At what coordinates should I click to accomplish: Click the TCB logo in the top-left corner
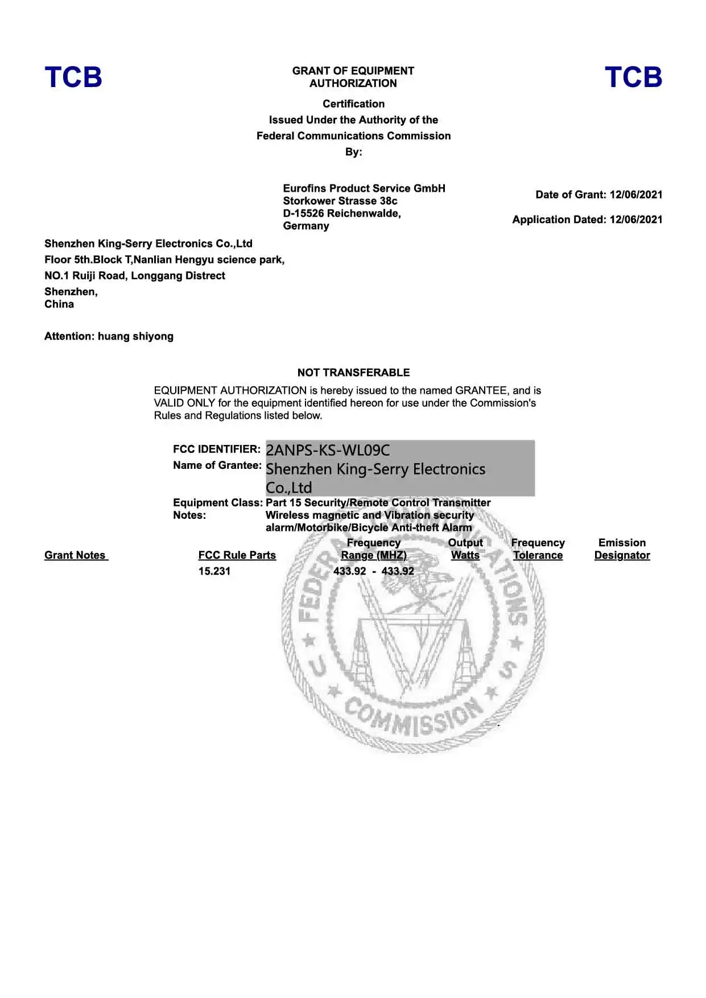(73, 77)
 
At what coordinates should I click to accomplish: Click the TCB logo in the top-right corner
(633, 77)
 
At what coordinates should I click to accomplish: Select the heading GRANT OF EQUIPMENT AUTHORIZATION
(353, 77)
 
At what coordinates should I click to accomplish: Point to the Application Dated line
(587, 220)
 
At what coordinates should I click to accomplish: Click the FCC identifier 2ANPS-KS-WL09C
(328, 450)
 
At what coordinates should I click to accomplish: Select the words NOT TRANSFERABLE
(353, 373)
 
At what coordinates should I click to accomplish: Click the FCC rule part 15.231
(214, 571)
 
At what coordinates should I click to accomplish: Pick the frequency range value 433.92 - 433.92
(374, 571)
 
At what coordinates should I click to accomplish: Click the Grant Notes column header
(76, 555)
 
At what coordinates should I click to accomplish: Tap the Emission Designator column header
(622, 549)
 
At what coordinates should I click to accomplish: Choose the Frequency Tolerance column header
(538, 549)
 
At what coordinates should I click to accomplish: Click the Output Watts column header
(465, 549)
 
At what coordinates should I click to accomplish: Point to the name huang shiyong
(135, 336)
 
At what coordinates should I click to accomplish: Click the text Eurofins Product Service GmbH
(364, 188)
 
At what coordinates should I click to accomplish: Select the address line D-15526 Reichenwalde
(342, 213)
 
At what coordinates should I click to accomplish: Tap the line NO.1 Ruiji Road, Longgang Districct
(135, 275)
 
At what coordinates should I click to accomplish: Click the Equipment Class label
(217, 502)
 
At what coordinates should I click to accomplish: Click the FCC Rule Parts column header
(237, 555)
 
